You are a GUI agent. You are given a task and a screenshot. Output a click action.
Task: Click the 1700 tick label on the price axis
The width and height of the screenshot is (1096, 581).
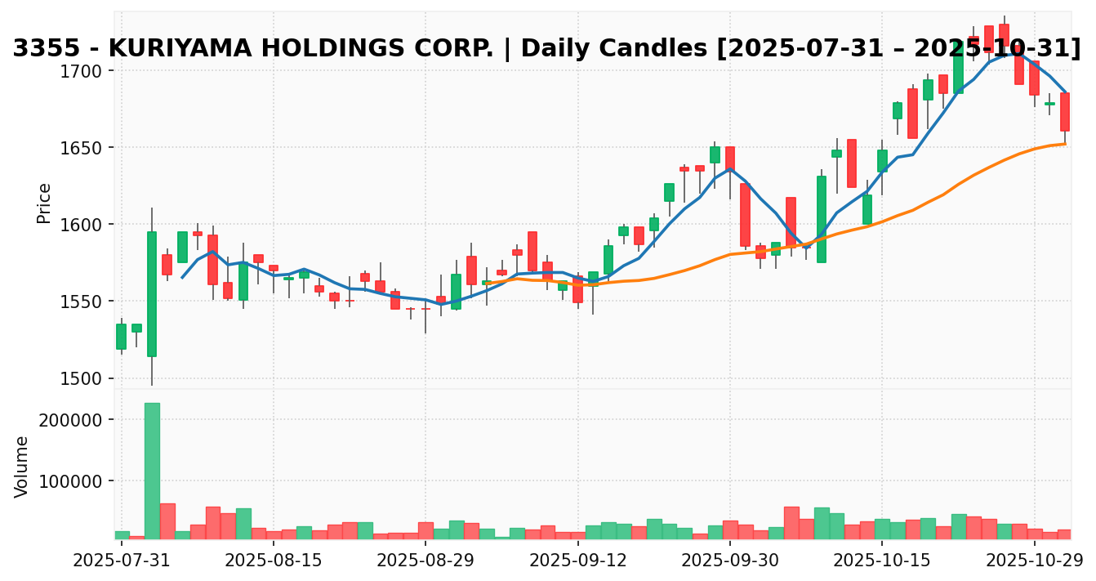click(84, 71)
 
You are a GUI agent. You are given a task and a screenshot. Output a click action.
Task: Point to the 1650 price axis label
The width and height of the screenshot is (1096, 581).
click(84, 148)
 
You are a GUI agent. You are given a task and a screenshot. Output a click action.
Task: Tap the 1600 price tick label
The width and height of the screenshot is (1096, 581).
click(84, 225)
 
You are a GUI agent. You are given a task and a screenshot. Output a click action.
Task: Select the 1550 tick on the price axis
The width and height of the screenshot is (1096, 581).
click(84, 302)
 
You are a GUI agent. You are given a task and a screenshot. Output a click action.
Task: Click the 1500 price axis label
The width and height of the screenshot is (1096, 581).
click(84, 378)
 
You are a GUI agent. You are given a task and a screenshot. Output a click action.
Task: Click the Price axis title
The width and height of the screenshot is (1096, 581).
click(44, 203)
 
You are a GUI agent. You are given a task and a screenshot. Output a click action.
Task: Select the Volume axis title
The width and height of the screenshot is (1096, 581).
click(22, 466)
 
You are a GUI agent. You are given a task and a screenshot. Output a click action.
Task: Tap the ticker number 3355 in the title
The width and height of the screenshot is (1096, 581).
click(39, 49)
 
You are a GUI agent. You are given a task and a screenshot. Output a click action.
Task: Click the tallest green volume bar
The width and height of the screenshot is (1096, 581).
click(152, 470)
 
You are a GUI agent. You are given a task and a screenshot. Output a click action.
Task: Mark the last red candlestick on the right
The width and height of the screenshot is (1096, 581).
click(1065, 112)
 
